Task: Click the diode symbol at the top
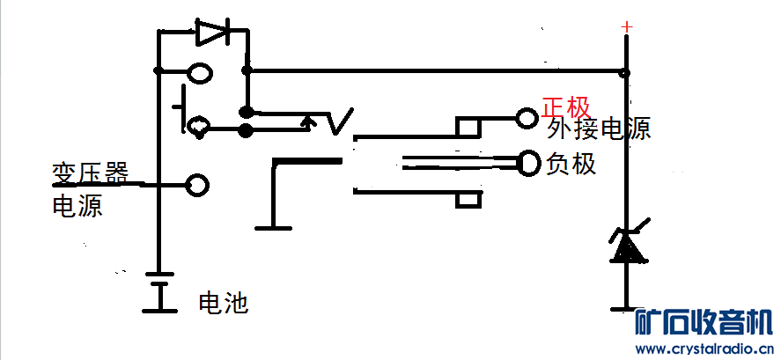[x=212, y=32]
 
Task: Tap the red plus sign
[x=627, y=27]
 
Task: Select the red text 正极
[x=566, y=107]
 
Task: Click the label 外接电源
[x=598, y=129]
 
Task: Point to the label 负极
[x=571, y=163]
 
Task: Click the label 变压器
[x=90, y=173]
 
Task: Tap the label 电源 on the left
[x=77, y=205]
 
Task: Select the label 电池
[x=223, y=302]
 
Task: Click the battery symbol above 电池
[x=159, y=292]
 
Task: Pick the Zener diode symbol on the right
[x=629, y=244]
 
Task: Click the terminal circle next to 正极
[x=527, y=119]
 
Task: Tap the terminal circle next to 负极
[x=528, y=163]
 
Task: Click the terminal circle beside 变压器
[x=197, y=185]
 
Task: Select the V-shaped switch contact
[x=341, y=121]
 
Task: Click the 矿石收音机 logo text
[x=704, y=322]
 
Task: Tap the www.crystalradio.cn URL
[x=704, y=348]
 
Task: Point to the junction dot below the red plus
[x=624, y=73]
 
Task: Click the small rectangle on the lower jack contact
[x=468, y=200]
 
